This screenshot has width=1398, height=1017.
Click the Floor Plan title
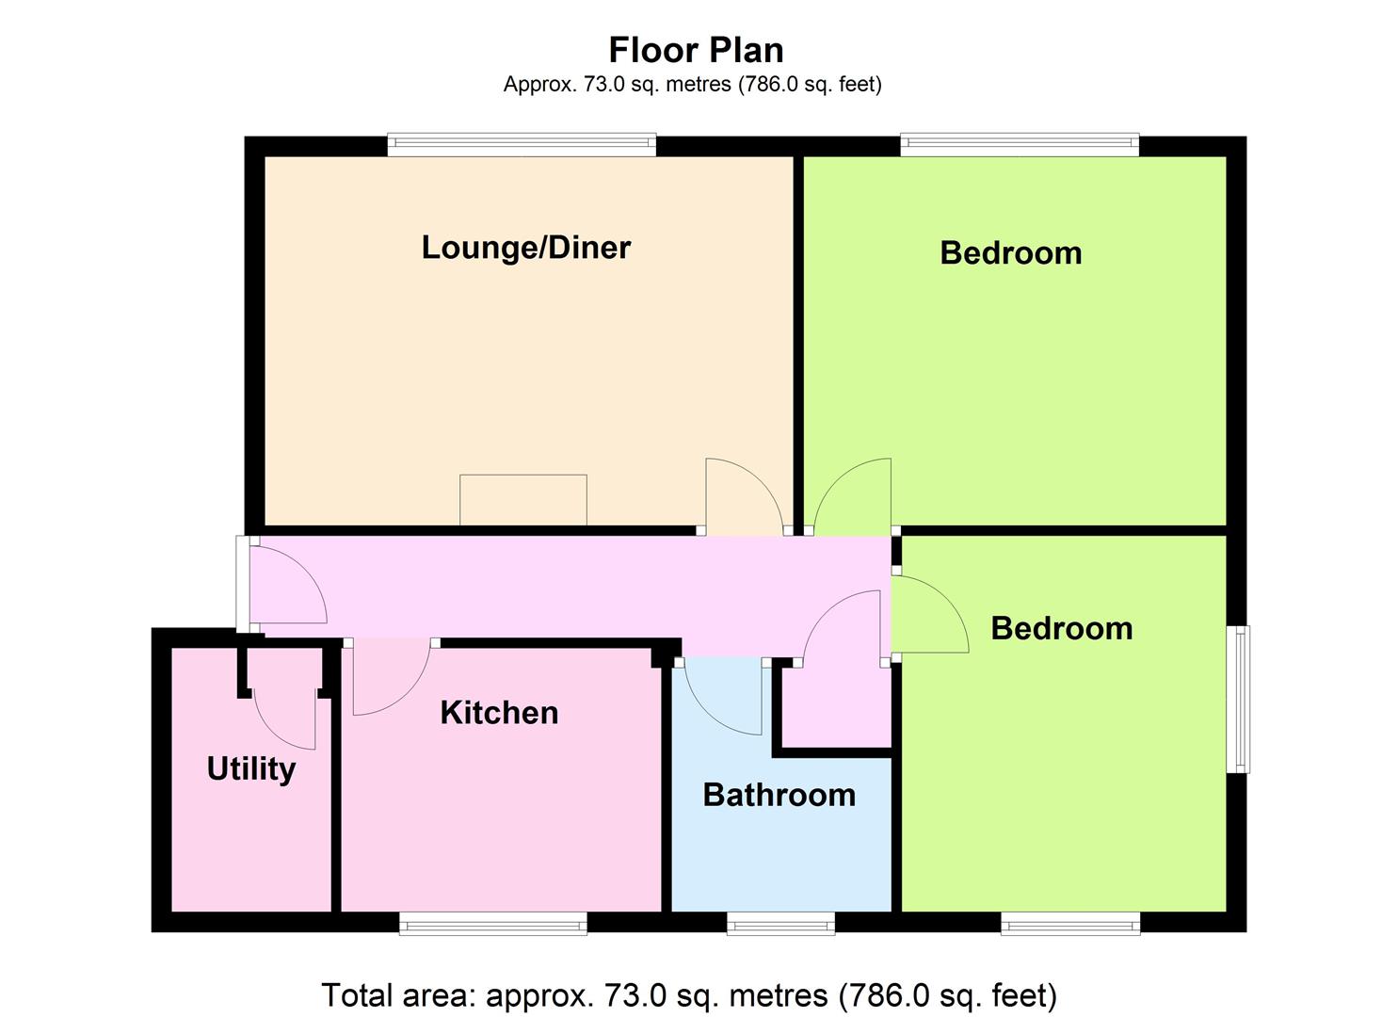click(696, 51)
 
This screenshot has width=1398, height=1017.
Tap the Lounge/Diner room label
click(526, 248)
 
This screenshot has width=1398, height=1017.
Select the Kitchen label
click(499, 712)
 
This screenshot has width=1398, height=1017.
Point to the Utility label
click(251, 769)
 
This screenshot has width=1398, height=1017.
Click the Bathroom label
click(779, 796)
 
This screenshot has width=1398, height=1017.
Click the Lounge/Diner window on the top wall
click(522, 145)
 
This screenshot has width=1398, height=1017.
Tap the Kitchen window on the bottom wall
click(493, 924)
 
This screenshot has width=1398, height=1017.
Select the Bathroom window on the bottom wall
click(780, 924)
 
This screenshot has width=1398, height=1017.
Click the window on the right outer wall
click(1238, 700)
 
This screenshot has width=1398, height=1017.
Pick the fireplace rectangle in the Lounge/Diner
click(523, 500)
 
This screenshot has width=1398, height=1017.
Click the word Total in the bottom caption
click(358, 995)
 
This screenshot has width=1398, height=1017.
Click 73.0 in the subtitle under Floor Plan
click(603, 85)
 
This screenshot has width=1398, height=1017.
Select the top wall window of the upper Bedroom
click(1020, 145)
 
